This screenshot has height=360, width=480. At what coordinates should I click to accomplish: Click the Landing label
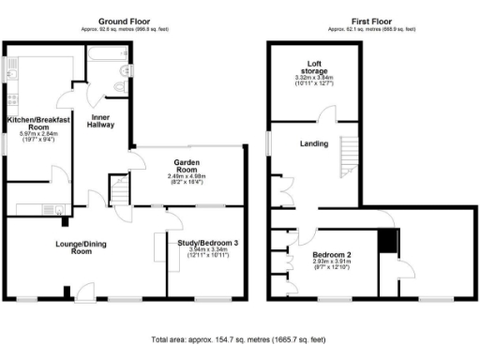coord(313,143)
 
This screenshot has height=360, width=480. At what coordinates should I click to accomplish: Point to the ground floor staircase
coord(120,194)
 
